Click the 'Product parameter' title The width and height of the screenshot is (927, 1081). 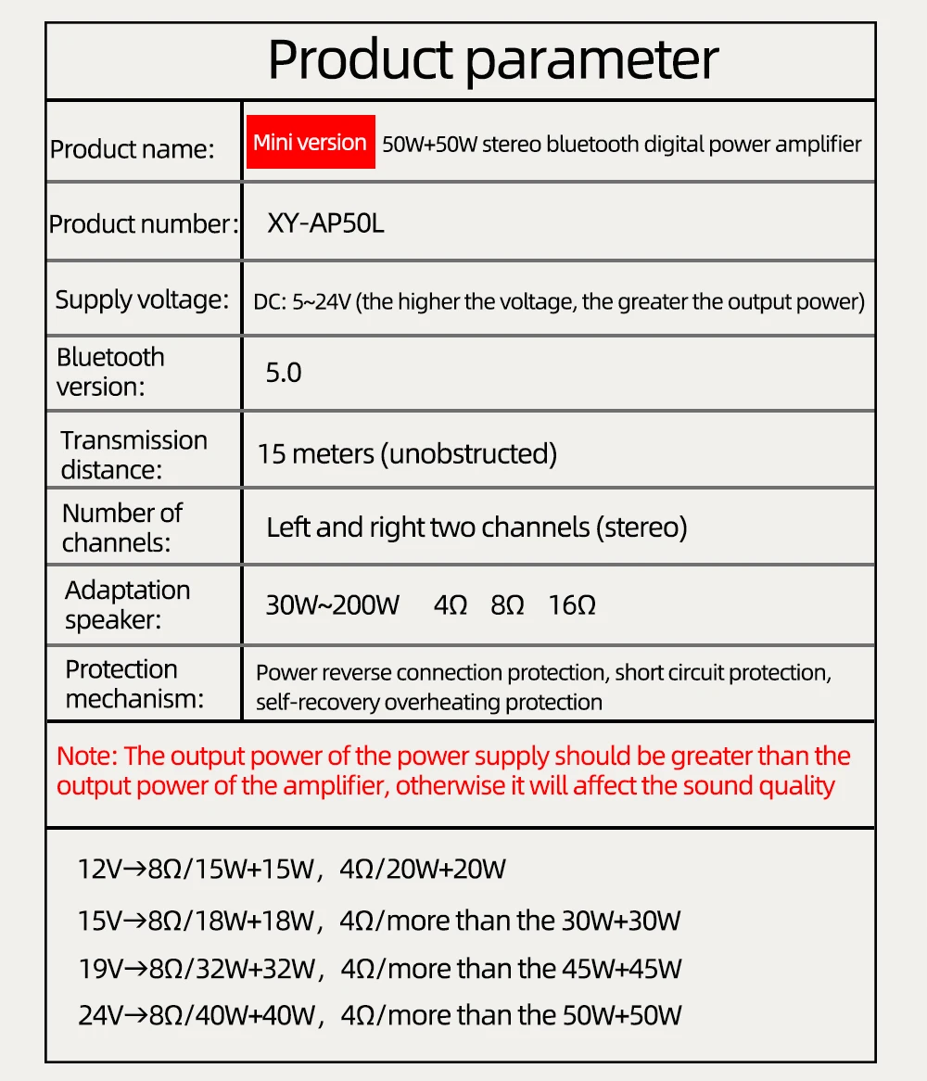[x=492, y=60]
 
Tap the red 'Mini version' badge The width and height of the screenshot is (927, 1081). [x=310, y=142]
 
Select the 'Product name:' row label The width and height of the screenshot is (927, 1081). [x=132, y=148]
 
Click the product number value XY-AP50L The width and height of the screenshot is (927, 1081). [x=325, y=223]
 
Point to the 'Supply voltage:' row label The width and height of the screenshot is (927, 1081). [x=141, y=299]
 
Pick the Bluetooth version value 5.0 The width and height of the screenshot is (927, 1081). [x=284, y=373]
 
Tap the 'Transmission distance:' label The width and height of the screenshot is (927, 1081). [x=134, y=454]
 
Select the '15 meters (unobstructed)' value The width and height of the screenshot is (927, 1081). [x=407, y=453]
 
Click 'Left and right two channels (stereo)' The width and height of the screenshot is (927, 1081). [x=476, y=528]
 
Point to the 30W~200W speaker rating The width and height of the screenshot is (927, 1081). [x=332, y=605]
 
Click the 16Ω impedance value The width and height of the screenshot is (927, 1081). [x=572, y=605]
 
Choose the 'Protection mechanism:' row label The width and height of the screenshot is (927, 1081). [x=134, y=683]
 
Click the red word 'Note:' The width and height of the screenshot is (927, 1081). [x=86, y=756]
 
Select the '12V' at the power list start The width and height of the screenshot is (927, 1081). [x=100, y=870]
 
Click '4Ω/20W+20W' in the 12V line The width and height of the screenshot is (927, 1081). [x=423, y=870]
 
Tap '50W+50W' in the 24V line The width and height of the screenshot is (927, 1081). [x=621, y=1015]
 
